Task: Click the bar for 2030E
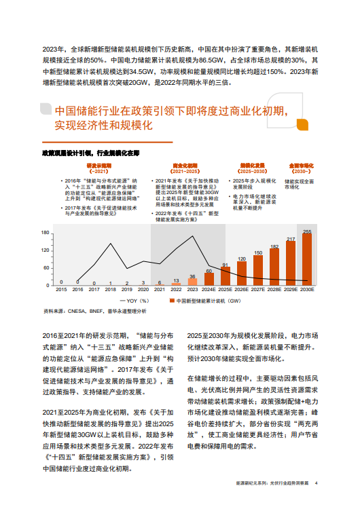pos(307,259)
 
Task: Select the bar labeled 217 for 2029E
pos(291,263)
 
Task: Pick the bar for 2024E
pos(209,278)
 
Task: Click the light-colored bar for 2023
pos(192,281)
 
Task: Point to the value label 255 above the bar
pos(307,231)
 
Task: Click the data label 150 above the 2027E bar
pos(258,252)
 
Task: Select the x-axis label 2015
pos(61,290)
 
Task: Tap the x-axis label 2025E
pos(225,290)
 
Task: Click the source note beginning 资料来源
pos(94,311)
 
